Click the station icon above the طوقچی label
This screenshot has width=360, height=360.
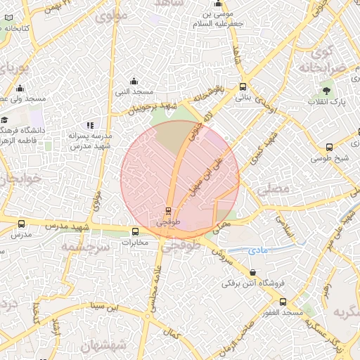coord(168,210)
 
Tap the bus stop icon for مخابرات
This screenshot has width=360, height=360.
coord(136,231)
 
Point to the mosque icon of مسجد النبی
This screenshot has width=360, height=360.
coord(134,81)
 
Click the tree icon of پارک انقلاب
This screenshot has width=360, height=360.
coord(326,91)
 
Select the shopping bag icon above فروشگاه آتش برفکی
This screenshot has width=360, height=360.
coord(253,273)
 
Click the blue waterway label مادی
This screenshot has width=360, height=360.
coord(259,250)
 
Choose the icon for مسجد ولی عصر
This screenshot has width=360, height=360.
coord(20,89)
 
